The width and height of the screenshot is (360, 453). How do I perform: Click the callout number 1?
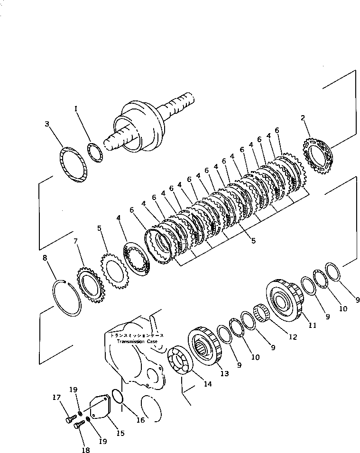pos(75,109)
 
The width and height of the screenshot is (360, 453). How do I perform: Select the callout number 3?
pos(47,124)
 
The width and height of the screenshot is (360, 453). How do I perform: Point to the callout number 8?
pos(45,258)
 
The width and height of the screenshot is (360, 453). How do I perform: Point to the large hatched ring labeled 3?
pos(74,164)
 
